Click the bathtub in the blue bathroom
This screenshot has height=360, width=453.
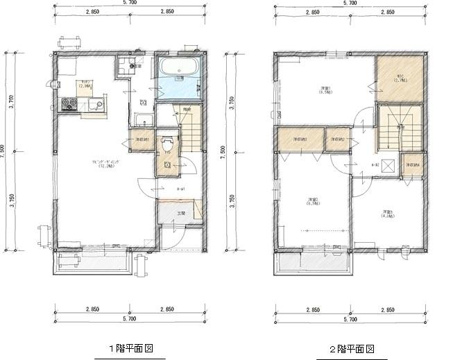179,72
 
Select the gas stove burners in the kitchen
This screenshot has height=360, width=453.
69,105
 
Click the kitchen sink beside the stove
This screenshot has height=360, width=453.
96,105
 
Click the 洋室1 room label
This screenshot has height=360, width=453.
325,89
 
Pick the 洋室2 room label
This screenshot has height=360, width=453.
313,201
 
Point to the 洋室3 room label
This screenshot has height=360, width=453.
386,213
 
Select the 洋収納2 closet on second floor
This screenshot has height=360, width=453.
338,139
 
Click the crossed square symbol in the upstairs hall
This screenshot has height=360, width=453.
387,165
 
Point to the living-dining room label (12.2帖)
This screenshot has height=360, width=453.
104,164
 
